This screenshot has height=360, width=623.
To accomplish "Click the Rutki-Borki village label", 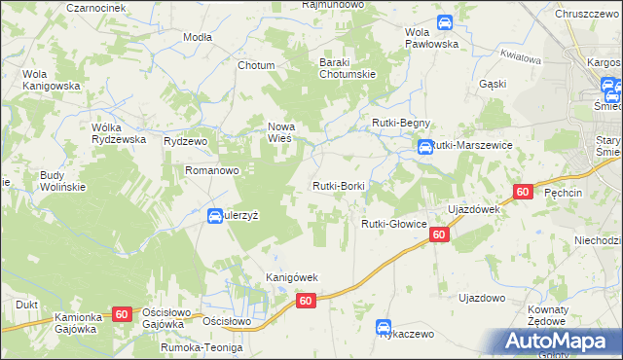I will click(338, 185).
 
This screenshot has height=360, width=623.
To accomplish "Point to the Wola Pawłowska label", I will click(430, 37).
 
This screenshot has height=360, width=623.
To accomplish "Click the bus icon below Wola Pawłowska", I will click(444, 21).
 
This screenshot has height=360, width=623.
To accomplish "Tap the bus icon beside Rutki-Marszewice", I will click(425, 148).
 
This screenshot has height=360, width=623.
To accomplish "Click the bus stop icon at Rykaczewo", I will click(385, 329).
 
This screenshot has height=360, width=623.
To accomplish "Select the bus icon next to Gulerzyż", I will click(215, 216).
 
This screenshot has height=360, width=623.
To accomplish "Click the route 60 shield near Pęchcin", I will click(523, 193).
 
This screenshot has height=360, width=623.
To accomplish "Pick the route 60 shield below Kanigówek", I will click(306, 301).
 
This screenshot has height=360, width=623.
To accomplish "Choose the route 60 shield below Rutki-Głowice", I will click(439, 234).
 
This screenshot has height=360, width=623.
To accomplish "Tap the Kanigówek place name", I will click(293, 277).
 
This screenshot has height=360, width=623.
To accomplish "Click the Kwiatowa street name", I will click(518, 57).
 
